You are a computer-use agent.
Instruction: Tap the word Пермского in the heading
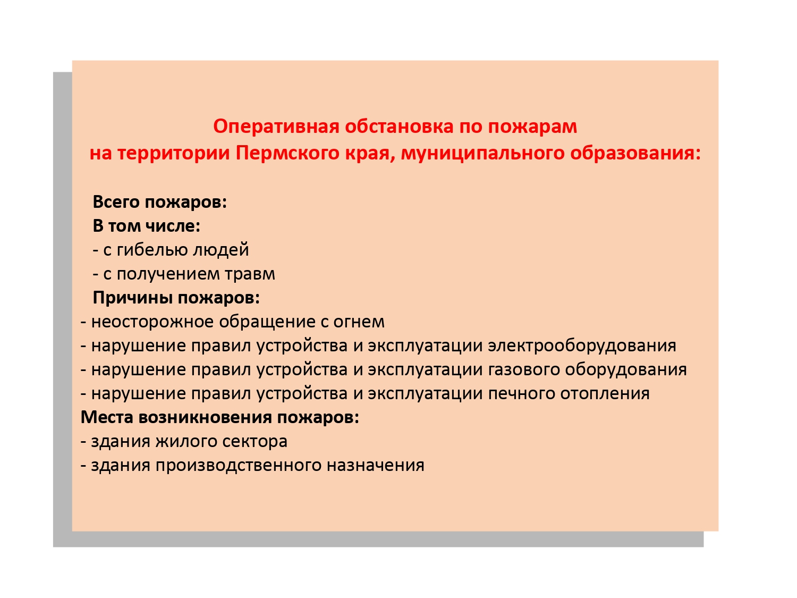287,153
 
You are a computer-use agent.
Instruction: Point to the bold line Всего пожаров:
160,202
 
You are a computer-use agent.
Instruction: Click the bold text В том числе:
147,226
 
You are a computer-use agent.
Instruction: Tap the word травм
250,274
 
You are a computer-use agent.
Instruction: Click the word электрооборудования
582,346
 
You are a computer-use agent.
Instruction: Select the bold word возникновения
205,418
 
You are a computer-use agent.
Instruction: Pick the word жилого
186,442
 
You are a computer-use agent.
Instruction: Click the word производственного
239,466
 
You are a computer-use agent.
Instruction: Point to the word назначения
376,466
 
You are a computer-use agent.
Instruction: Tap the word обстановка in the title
400,127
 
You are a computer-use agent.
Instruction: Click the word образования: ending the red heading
635,154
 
